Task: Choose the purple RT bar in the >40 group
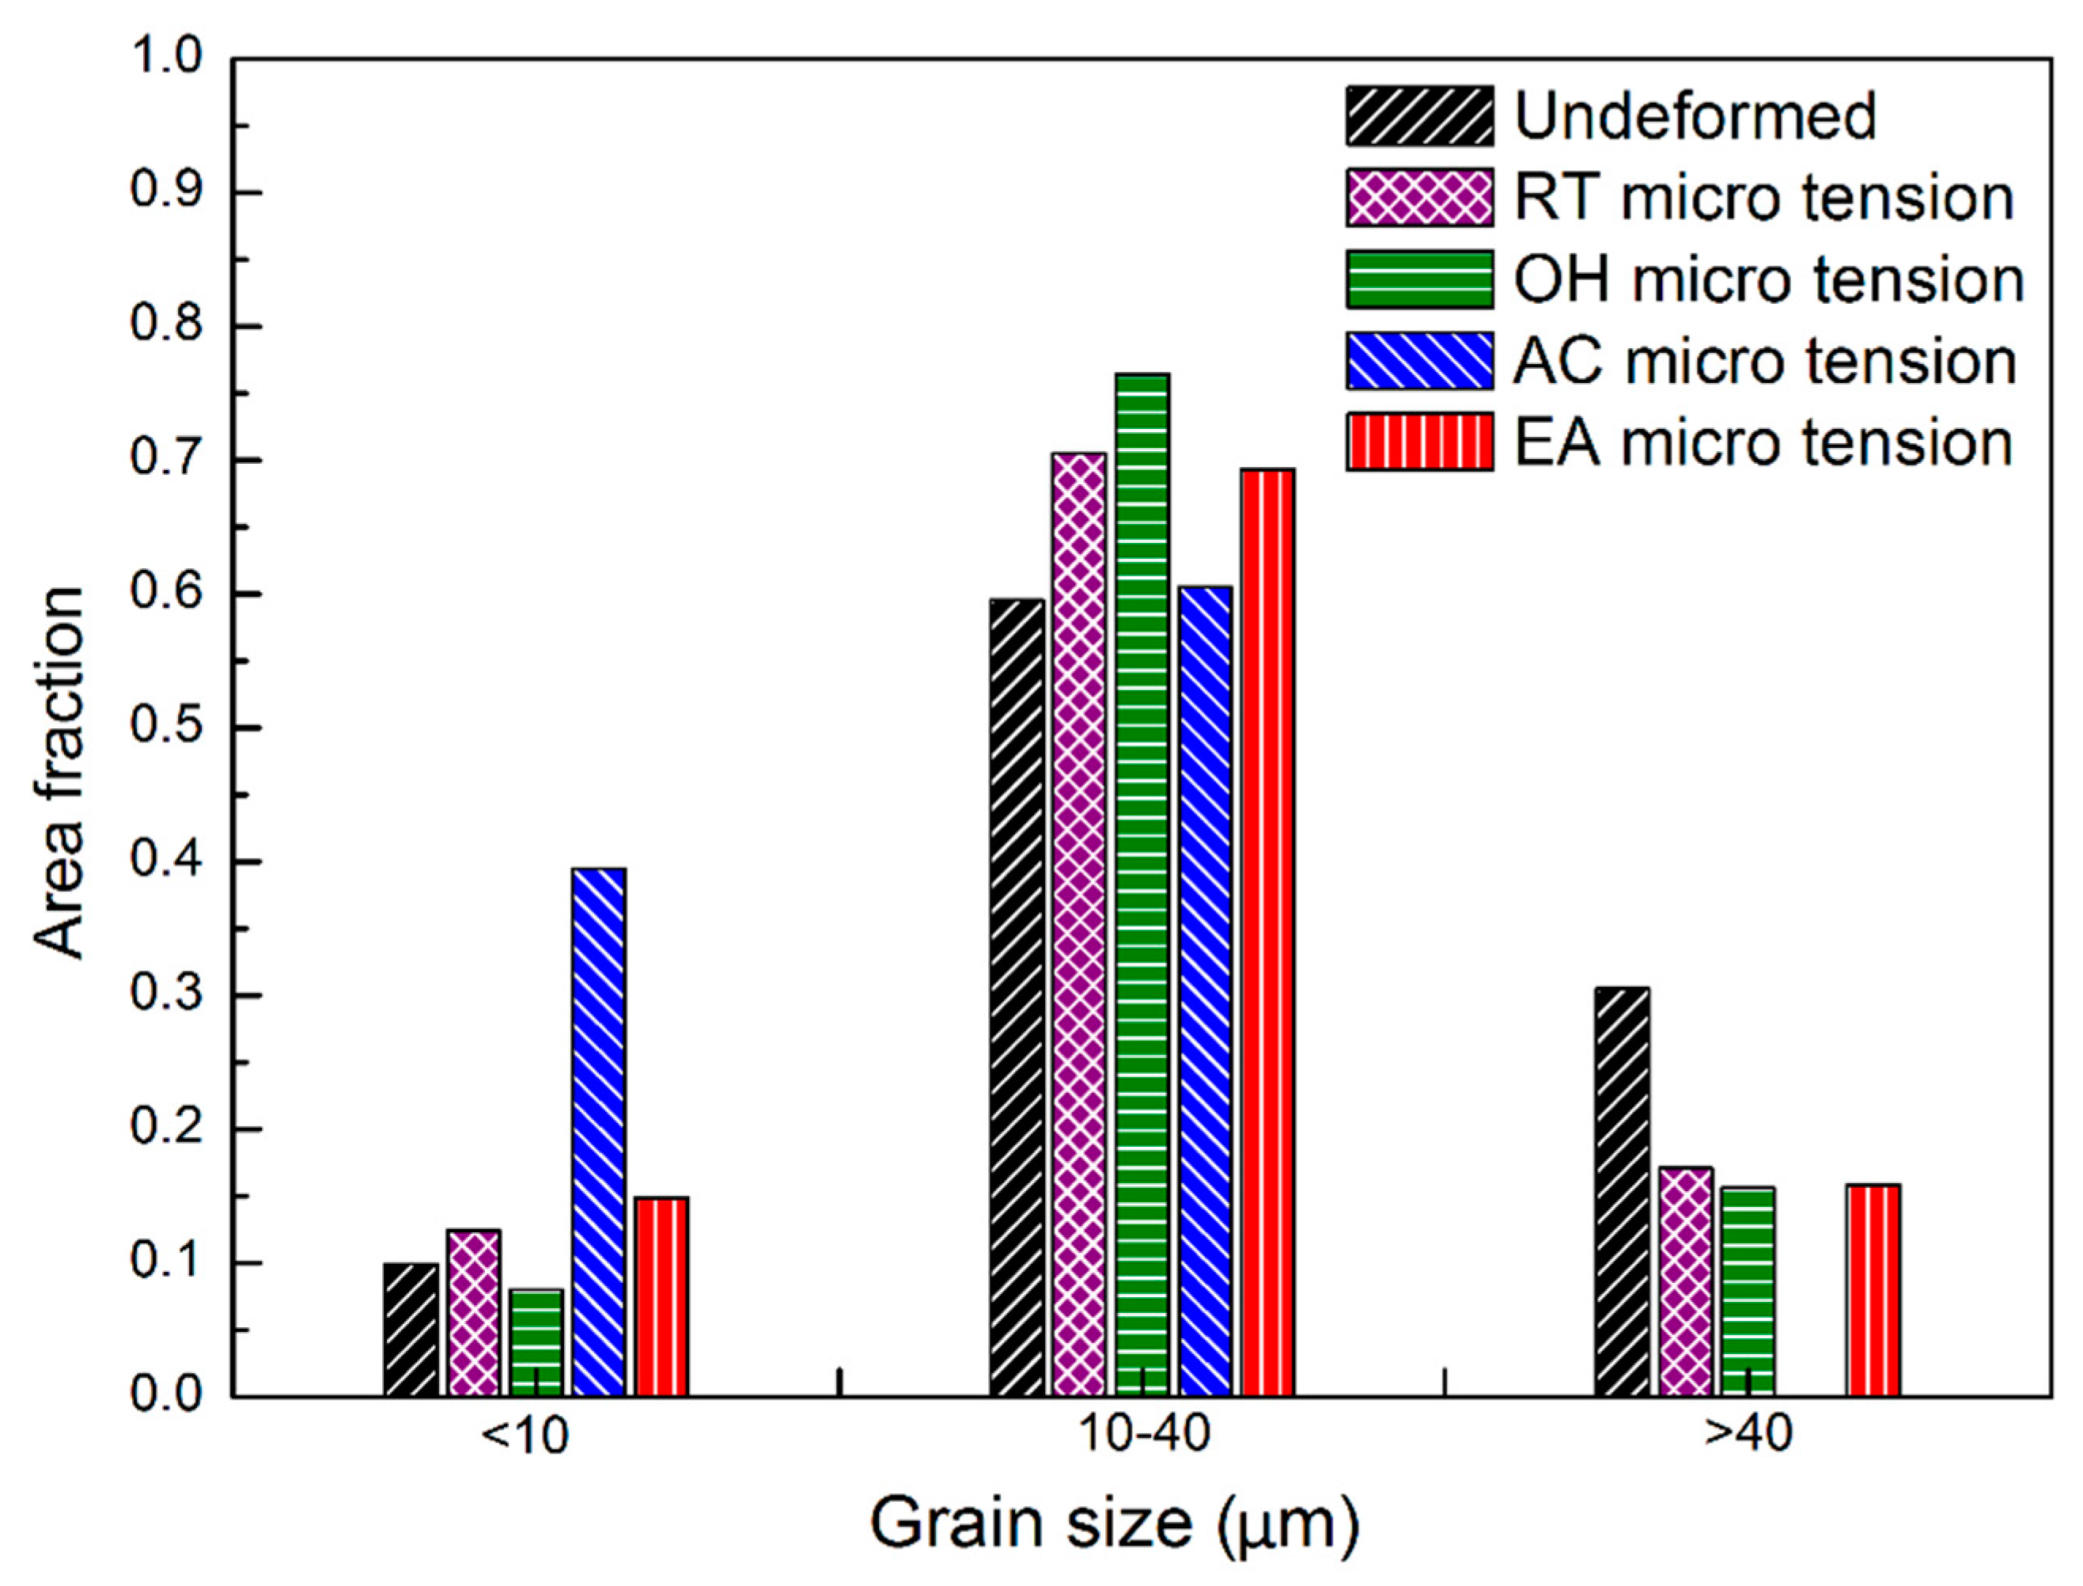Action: (1686, 1281)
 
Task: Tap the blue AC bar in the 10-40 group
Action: (1205, 990)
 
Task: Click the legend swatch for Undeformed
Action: (1419, 116)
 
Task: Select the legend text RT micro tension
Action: (1763, 198)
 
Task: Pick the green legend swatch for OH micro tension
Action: (1419, 279)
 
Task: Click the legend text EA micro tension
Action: (1763, 442)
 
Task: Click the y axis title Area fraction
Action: (59, 774)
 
